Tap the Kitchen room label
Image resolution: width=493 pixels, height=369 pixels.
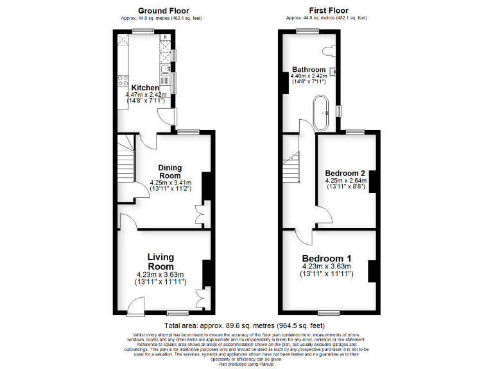pyautogui.click(x=145, y=88)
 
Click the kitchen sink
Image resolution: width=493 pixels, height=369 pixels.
pyautogui.click(x=166, y=70)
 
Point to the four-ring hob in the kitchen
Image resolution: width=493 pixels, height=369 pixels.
pyautogui.click(x=121, y=81)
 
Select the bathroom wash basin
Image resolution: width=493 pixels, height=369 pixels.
pyautogui.click(x=333, y=71)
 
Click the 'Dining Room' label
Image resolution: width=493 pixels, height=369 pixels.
pyautogui.click(x=170, y=171)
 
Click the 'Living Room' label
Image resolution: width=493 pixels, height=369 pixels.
pyautogui.click(x=160, y=261)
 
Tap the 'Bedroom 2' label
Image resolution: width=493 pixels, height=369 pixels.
pyautogui.click(x=345, y=174)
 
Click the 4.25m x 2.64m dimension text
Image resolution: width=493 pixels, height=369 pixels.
pyautogui.click(x=345, y=181)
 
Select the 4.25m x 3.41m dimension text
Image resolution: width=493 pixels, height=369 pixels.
pyautogui.click(x=170, y=183)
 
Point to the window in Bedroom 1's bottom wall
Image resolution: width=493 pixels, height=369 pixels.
pyautogui.click(x=329, y=313)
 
